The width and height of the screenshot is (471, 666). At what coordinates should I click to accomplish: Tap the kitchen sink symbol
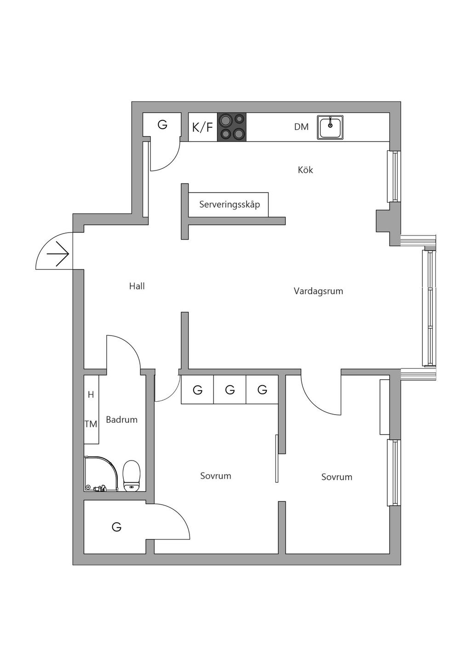click(x=330, y=127)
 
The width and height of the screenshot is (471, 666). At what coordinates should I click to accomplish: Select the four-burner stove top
click(x=232, y=127)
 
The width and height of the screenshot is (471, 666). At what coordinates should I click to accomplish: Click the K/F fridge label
click(x=202, y=127)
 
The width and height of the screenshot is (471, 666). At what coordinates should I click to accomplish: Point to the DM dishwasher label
click(x=301, y=127)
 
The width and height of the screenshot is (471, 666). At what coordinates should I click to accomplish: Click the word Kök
click(x=305, y=170)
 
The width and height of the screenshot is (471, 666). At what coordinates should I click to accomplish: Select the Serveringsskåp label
click(x=229, y=205)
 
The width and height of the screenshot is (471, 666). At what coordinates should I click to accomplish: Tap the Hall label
click(x=137, y=286)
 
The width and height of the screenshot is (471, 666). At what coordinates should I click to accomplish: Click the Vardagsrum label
click(x=318, y=291)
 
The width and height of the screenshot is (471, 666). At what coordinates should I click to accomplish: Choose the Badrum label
click(x=121, y=420)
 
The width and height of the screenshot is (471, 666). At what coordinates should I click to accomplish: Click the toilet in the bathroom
click(x=132, y=476)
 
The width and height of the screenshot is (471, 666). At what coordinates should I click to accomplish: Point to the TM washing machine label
click(x=91, y=424)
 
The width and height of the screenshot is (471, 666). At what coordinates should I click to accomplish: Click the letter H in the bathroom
click(x=91, y=395)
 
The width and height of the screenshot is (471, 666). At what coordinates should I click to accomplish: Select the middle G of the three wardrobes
click(x=230, y=390)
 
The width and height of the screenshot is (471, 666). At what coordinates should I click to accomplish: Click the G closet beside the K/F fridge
click(x=162, y=125)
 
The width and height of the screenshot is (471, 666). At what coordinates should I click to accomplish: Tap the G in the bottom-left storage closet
click(x=117, y=527)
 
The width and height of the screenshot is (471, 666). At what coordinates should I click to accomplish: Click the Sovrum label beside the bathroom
click(x=215, y=476)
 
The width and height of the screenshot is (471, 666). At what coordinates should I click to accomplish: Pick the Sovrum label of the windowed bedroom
click(x=337, y=477)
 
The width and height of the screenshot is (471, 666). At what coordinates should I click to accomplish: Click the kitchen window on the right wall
click(x=394, y=176)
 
